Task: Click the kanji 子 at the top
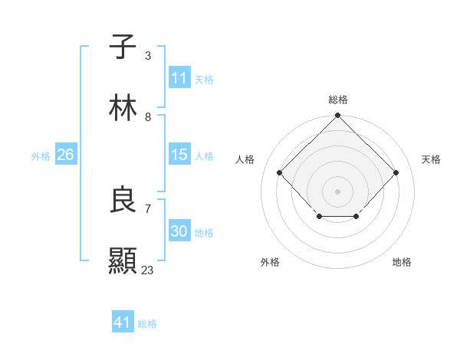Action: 123,47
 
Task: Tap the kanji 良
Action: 123,201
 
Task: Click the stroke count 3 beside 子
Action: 148,56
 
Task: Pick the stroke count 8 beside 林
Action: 148,117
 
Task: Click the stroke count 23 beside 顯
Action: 148,270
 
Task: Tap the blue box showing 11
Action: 179,78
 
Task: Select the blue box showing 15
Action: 179,155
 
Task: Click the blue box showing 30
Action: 179,231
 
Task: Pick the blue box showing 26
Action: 65,155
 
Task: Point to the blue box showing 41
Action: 123,323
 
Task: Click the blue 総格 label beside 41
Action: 147,324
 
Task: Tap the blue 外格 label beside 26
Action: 41,155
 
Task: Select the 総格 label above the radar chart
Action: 337,100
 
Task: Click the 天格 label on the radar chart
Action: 431,159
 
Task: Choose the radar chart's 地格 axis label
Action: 402,262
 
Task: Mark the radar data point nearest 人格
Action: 280,172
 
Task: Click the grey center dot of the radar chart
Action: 337,191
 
